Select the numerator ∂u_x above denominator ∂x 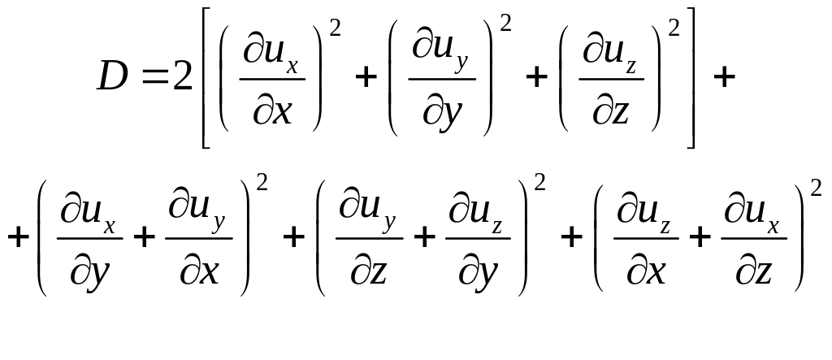[273, 59]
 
